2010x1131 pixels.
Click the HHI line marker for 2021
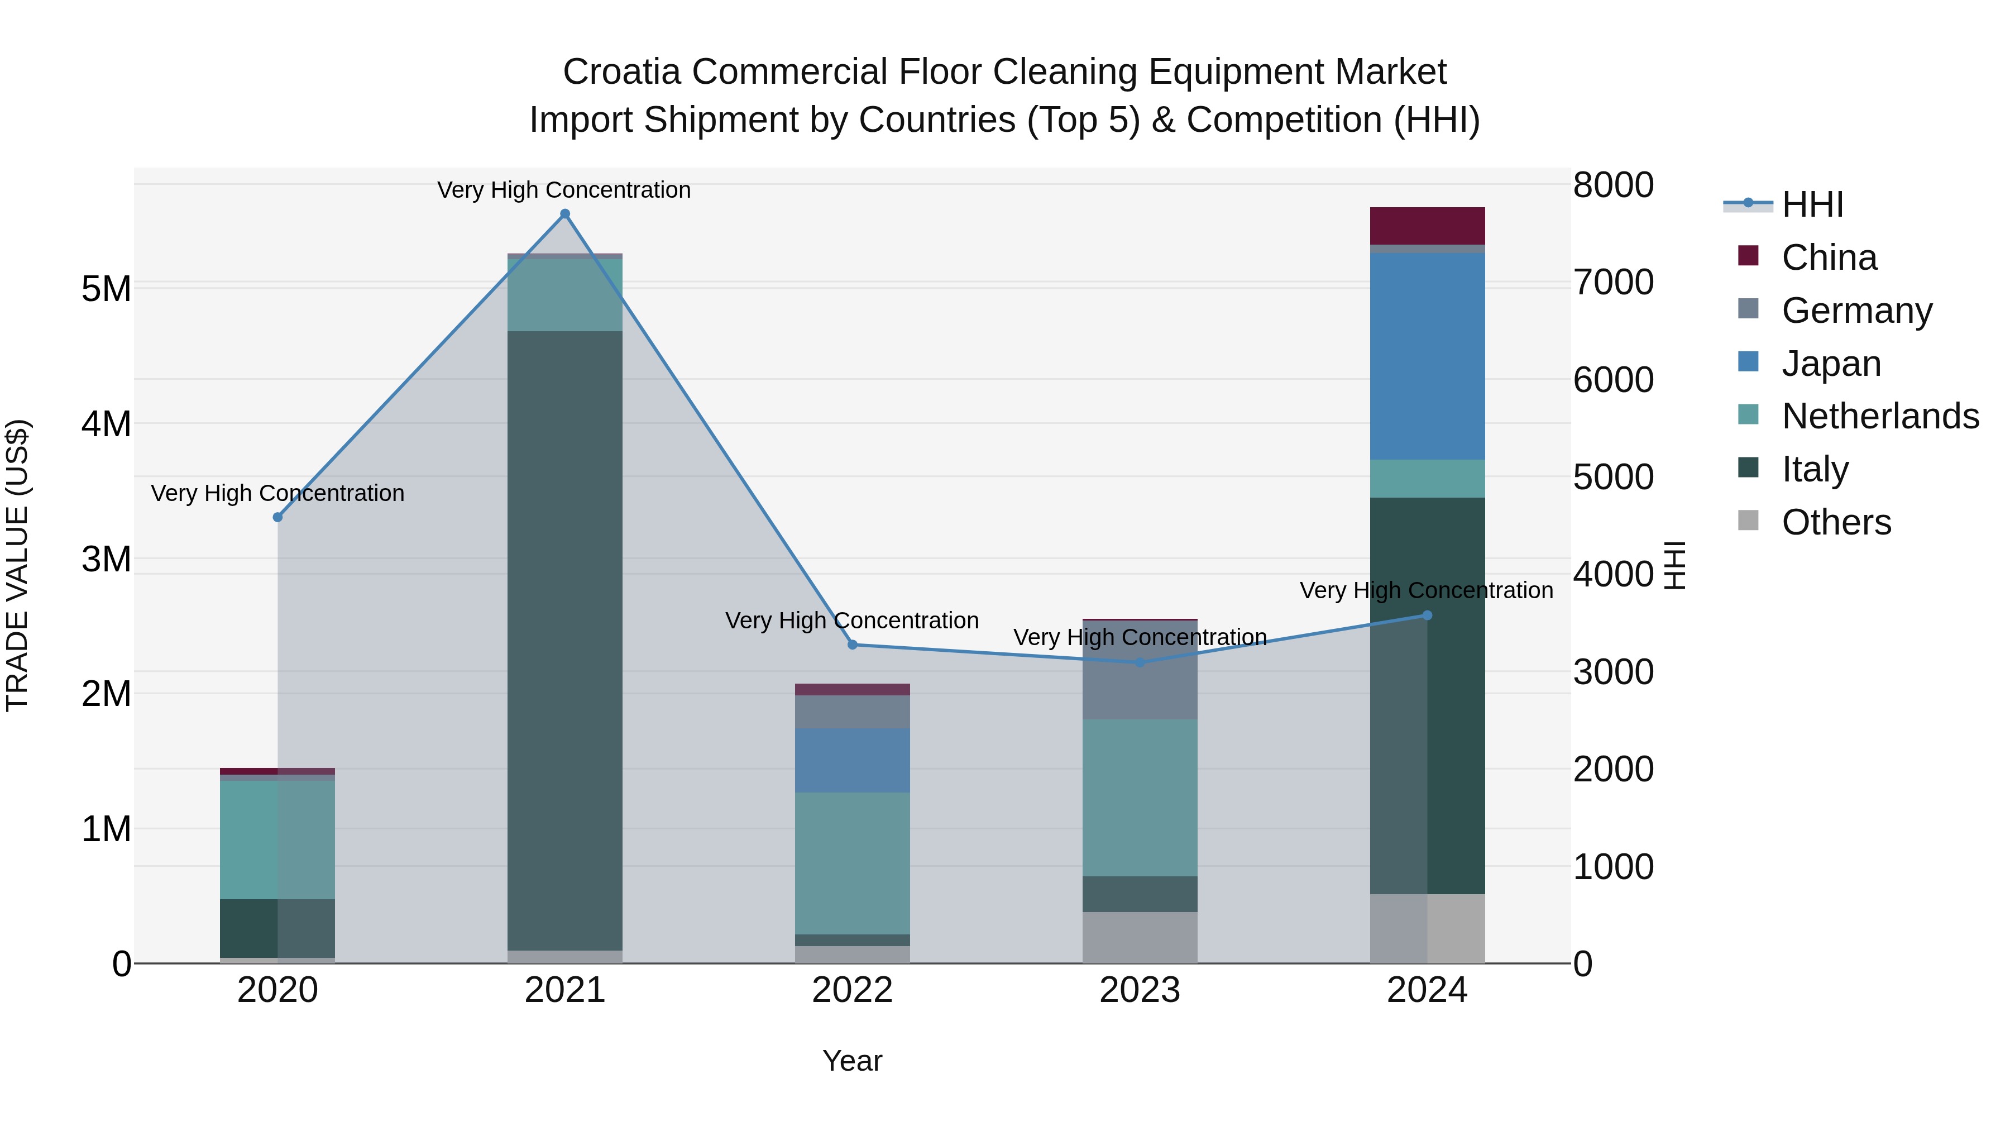565,214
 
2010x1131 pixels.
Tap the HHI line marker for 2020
278,517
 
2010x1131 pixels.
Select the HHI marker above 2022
852,645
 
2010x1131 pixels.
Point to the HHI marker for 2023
1139,662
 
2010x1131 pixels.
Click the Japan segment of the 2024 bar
1427,356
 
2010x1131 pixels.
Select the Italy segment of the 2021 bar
565,640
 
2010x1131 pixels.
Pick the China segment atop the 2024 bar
1427,226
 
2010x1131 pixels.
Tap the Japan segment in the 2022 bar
852,760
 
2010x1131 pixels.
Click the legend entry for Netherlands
1880,416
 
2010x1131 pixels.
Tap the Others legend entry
1836,522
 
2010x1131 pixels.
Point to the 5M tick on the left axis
106,289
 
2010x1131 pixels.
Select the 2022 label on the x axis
852,990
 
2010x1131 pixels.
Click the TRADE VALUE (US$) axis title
17,565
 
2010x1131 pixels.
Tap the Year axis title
852,1061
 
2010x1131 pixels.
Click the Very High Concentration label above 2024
1427,590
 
